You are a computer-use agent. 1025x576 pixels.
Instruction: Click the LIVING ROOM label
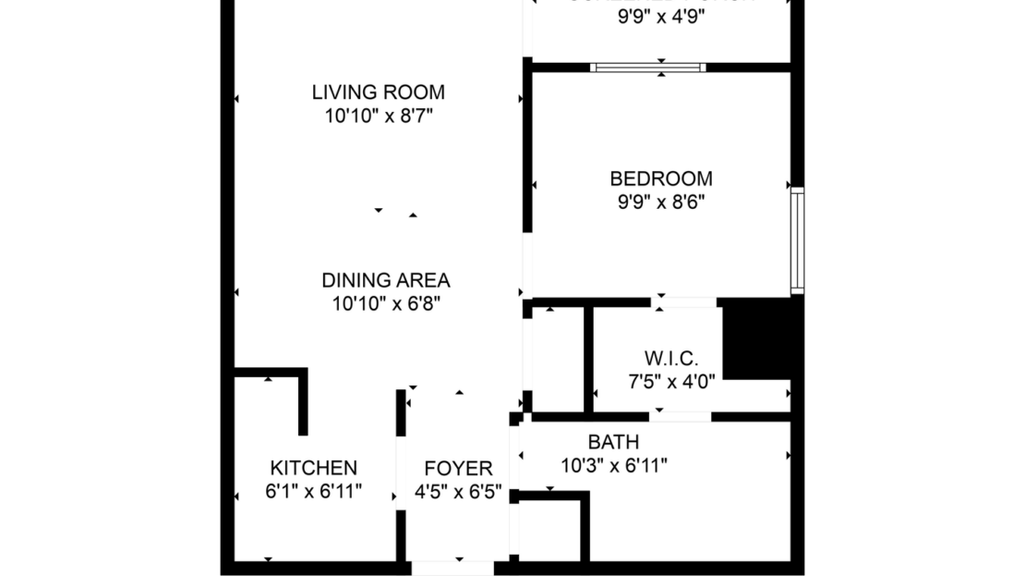point(378,92)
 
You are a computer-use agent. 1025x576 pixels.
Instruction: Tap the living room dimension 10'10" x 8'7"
point(378,116)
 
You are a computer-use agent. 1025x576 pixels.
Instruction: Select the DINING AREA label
point(385,280)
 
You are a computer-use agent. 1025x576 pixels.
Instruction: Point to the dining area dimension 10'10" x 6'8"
point(385,303)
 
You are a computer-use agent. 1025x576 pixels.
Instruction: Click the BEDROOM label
point(661,178)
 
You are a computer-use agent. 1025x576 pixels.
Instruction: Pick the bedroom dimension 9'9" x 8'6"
point(661,202)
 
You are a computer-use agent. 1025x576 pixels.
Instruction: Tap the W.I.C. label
point(670,358)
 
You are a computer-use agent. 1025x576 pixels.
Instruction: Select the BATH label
point(613,443)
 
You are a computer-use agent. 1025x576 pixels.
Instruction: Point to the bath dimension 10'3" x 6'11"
point(613,466)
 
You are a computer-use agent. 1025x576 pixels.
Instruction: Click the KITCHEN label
point(313,468)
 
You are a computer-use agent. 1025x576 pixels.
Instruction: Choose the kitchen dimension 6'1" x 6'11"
point(313,491)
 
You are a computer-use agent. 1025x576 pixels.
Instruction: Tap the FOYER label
point(458,469)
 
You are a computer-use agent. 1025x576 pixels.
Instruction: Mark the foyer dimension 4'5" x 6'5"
point(458,492)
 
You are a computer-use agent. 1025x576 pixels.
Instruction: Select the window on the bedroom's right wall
point(797,240)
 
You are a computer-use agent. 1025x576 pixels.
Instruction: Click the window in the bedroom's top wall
point(648,67)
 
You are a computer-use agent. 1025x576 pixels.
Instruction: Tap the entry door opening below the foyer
point(452,567)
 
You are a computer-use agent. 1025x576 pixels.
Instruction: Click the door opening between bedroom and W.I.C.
point(684,302)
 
